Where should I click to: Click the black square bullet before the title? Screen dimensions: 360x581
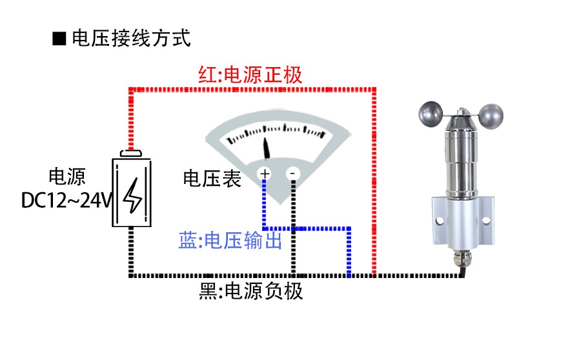coord(59,39)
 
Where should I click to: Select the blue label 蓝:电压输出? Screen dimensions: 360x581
coord(230,241)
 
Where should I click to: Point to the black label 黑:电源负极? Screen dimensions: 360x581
coord(251,292)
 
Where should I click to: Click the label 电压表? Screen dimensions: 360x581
coord(212,179)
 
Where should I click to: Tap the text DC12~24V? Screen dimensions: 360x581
coord(67,201)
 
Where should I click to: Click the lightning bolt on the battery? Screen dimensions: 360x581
coord(134,194)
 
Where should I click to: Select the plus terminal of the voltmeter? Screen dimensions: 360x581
coord(265,174)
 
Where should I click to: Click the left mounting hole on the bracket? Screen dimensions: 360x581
coord(441,219)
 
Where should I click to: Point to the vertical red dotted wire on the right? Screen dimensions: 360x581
coord(374,181)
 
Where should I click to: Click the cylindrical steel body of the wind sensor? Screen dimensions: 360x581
coord(462,161)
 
